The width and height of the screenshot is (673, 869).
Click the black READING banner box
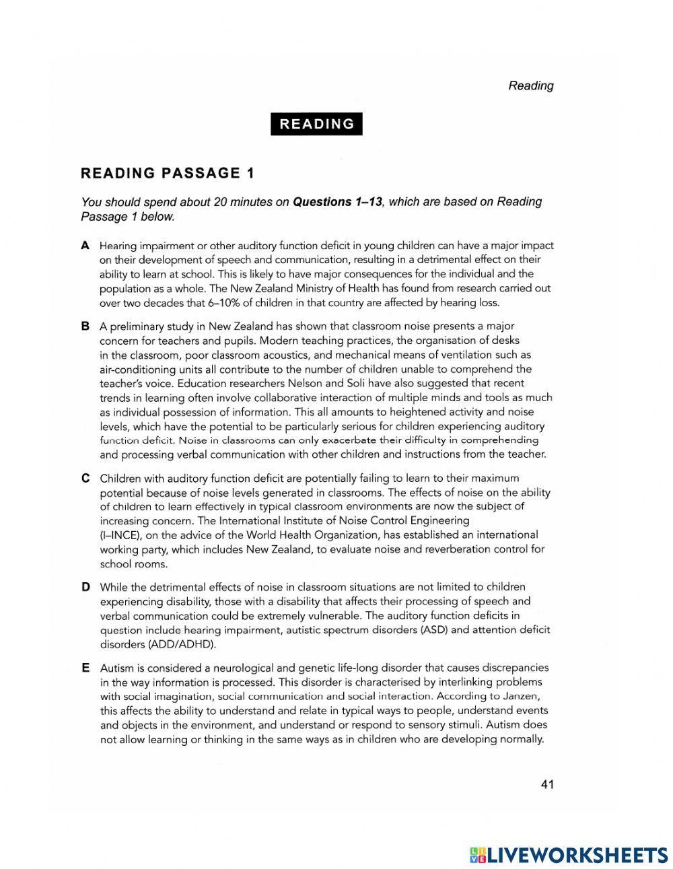[316, 124]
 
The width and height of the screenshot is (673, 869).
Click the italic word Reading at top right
[531, 85]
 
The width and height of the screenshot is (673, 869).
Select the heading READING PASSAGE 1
[168, 173]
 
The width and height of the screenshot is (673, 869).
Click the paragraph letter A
[85, 246]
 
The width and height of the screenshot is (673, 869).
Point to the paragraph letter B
[85, 326]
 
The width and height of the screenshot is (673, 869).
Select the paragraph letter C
[85, 479]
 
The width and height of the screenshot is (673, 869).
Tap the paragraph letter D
[85, 587]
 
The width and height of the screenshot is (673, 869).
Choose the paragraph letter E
[85, 668]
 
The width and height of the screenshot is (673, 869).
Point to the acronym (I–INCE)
[121, 535]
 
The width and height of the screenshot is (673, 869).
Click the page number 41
[546, 784]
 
